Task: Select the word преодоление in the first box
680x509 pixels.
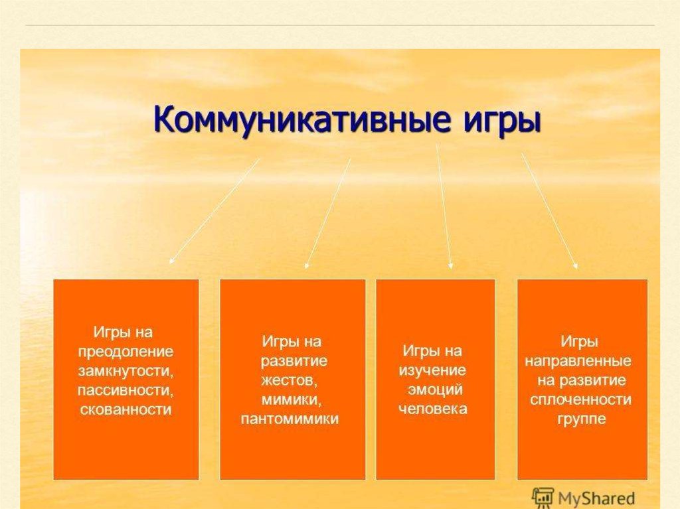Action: tap(126, 352)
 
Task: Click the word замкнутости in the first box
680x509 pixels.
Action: tap(126, 372)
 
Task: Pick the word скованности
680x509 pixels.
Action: tap(126, 409)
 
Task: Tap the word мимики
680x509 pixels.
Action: tap(292, 400)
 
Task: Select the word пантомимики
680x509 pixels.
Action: tap(290, 419)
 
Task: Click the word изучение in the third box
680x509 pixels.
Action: tap(432, 371)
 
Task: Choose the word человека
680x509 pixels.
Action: tap(433, 409)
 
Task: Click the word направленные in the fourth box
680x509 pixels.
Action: tap(578, 362)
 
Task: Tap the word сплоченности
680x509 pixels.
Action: tap(580, 400)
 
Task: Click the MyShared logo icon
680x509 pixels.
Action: tap(543, 498)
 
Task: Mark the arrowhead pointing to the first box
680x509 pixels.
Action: tap(172, 261)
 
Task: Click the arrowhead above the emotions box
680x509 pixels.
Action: tap(451, 265)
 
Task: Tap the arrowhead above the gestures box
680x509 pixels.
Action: tap(307, 265)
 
